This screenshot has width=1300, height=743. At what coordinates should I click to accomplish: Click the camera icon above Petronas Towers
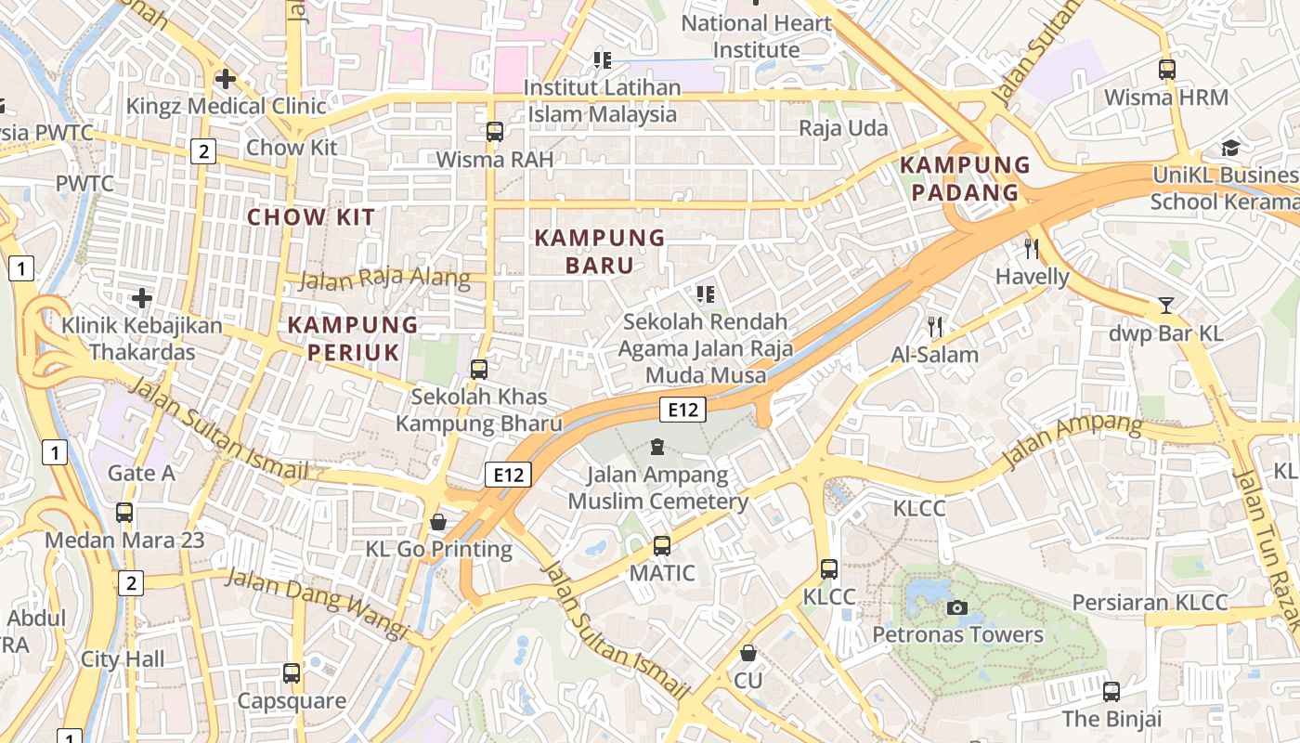[x=956, y=608]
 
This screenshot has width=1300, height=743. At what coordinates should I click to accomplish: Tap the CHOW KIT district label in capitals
[x=311, y=217]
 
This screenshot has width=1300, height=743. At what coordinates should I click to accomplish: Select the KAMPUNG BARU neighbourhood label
[x=600, y=252]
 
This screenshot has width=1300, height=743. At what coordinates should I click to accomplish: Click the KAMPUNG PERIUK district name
[x=353, y=338]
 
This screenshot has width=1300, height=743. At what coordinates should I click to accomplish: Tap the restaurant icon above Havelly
[x=1031, y=248]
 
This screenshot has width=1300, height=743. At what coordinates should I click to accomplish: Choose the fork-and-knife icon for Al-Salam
[x=935, y=326]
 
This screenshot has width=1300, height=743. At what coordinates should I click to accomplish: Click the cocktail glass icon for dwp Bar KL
[x=1166, y=305]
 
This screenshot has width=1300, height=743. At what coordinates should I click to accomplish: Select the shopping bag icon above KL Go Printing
[x=438, y=522]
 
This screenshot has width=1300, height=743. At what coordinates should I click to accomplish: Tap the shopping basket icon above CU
[x=748, y=653]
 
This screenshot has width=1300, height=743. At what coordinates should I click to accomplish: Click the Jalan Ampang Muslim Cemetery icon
[x=657, y=448]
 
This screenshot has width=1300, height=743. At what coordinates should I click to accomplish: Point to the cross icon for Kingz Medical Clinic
[x=225, y=79]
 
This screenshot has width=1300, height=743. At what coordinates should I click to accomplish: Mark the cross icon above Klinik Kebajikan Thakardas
[x=141, y=298]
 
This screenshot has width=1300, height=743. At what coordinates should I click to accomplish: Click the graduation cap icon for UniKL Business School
[x=1230, y=148]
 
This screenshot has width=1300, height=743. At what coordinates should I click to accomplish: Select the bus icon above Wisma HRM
[x=1167, y=69]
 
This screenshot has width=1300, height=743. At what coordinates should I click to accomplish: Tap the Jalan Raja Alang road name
[x=384, y=278]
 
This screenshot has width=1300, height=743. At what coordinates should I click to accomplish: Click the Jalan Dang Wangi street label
[x=317, y=603]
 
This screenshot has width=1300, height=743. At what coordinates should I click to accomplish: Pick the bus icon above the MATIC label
[x=662, y=546]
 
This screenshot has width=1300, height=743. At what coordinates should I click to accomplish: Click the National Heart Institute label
[x=756, y=36]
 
